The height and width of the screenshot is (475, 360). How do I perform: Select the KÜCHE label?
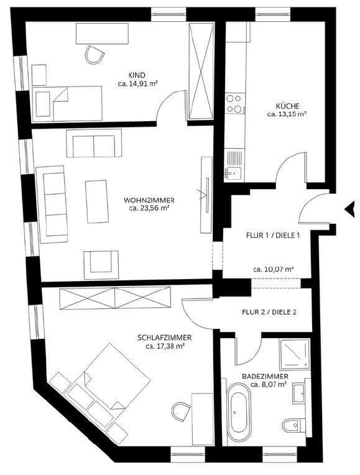click(x=287, y=106)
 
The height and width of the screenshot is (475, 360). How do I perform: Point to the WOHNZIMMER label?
click(x=149, y=200)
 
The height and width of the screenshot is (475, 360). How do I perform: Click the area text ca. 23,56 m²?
click(x=149, y=209)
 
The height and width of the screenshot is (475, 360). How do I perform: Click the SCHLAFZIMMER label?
click(x=164, y=338)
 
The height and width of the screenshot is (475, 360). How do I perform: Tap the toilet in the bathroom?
click(x=291, y=426)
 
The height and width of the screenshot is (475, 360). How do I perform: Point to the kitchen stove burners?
click(x=234, y=103)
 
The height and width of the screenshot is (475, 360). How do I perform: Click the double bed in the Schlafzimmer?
click(x=115, y=379)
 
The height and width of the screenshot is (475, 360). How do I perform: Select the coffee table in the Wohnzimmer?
click(x=97, y=201)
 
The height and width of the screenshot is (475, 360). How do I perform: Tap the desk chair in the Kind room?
click(x=95, y=55)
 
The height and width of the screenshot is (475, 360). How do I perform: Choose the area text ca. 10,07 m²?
click(x=273, y=269)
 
